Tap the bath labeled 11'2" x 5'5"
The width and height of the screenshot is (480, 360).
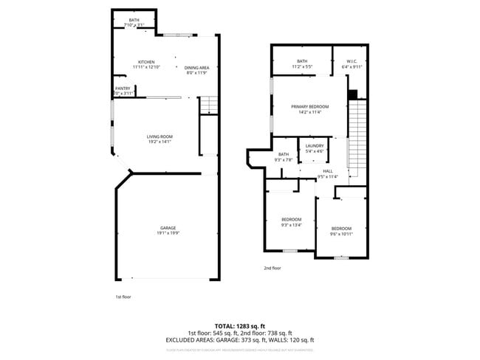pyautogui.click(x=301, y=63)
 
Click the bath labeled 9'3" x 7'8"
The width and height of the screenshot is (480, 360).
pyautogui.click(x=284, y=156)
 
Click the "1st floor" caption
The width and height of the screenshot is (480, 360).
pyautogui.click(x=123, y=297)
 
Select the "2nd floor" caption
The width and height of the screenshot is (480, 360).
pyautogui.click(x=272, y=269)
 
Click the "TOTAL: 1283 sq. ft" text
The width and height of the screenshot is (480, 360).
pyautogui.click(x=239, y=325)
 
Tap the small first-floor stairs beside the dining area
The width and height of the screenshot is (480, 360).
pyautogui.click(x=210, y=104)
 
